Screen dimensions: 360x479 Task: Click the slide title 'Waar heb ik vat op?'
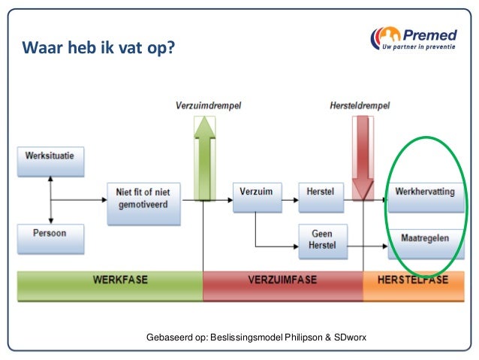tap(99, 49)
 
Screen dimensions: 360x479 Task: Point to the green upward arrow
tap(203, 158)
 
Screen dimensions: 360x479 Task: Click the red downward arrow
tap(363, 158)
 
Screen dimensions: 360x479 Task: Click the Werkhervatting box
tap(424, 192)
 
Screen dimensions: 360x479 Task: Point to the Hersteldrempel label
tap(360, 105)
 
